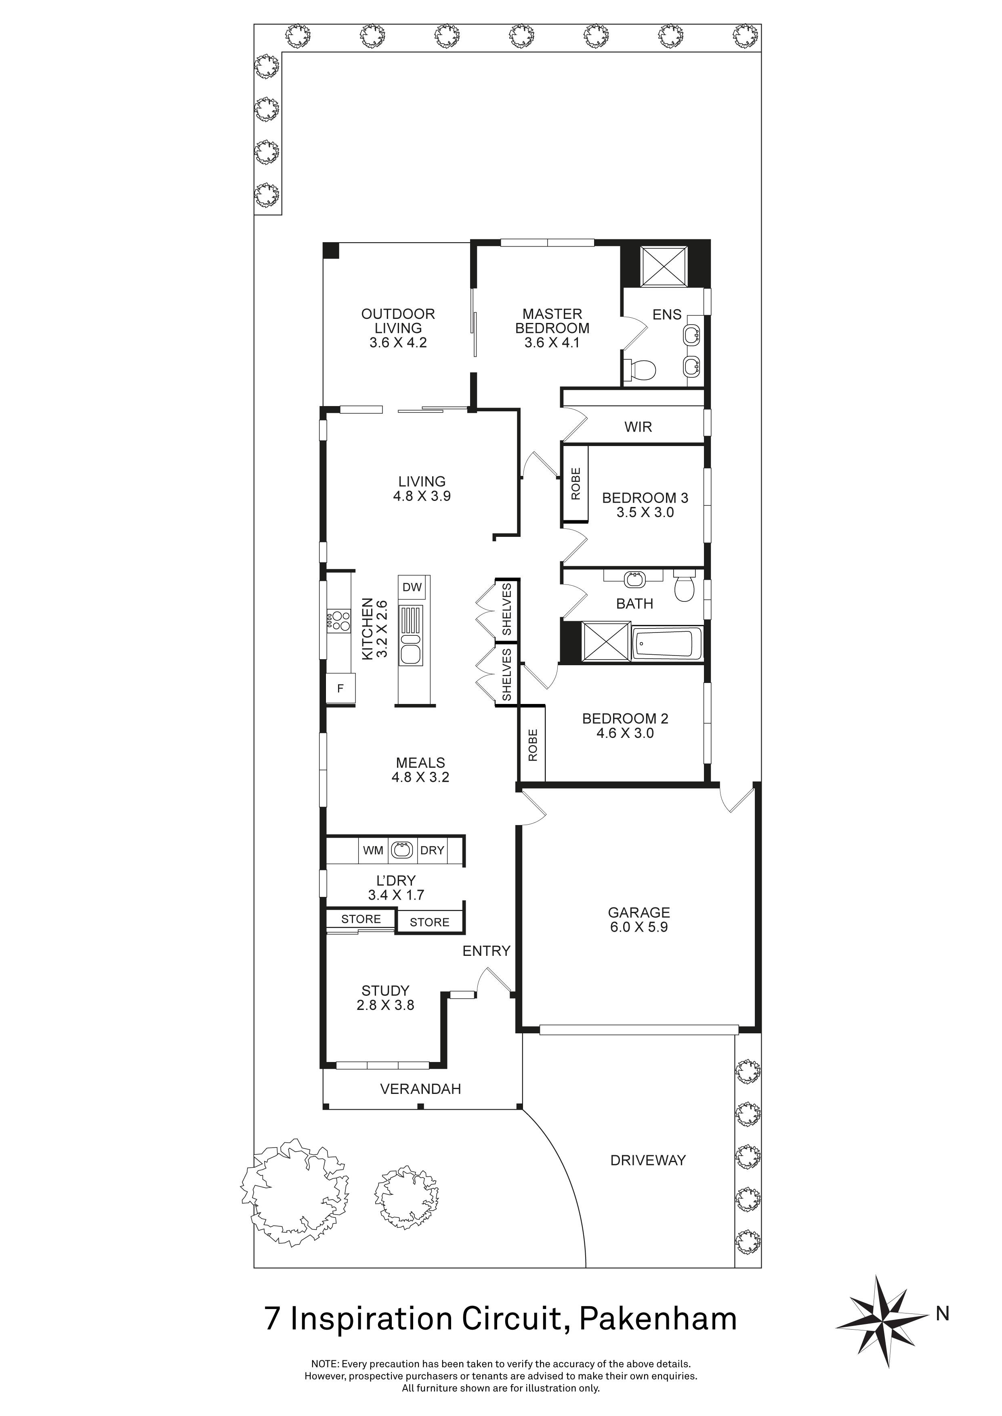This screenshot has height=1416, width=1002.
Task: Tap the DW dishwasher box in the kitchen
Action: coord(412,587)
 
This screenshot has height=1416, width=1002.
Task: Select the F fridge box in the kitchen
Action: coord(340,688)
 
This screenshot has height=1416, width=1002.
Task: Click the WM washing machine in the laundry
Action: coord(373,850)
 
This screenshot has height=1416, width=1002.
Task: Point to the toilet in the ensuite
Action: coord(639,370)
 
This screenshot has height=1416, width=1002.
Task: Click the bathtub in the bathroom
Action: coord(667,644)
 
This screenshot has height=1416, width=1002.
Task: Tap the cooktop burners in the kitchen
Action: coord(338,620)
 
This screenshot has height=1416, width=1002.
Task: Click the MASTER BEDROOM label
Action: coord(552,321)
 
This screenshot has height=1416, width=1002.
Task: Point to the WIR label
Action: coord(638,427)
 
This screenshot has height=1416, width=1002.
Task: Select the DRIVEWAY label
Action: coord(648,1160)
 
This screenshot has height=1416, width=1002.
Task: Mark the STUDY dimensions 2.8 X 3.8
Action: coord(385,1005)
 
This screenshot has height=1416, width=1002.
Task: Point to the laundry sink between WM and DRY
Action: coord(403,850)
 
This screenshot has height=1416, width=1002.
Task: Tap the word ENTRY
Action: coord(486,951)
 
